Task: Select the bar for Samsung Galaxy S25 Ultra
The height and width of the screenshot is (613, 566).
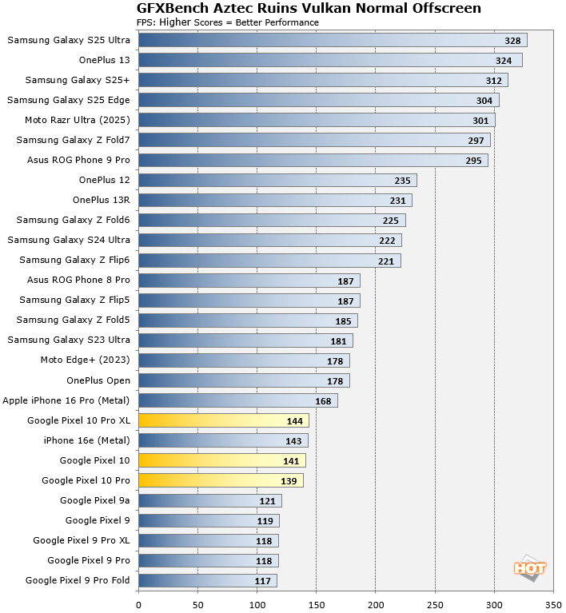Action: click(333, 40)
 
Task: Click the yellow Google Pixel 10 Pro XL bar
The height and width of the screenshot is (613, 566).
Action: click(224, 420)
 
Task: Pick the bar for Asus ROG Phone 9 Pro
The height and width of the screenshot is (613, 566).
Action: click(313, 160)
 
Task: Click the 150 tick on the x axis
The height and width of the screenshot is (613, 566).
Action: click(317, 604)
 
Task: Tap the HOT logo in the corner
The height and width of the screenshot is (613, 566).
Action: click(530, 568)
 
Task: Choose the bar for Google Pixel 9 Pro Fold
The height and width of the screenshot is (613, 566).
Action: click(208, 580)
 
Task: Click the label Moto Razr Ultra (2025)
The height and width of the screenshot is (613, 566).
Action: click(78, 120)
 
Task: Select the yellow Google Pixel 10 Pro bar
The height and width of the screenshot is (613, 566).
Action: click(221, 480)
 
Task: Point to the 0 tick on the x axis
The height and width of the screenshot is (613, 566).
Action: click(139, 604)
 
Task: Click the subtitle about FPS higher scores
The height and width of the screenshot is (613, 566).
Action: click(228, 22)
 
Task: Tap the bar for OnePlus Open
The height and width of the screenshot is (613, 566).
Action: click(244, 380)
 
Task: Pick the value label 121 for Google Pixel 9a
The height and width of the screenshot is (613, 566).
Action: click(269, 500)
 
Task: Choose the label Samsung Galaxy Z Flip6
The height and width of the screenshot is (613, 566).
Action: click(74, 260)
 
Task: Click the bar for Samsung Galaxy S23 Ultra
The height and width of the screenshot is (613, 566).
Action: click(245, 340)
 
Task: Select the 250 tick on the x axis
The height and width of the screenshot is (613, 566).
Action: click(435, 604)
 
